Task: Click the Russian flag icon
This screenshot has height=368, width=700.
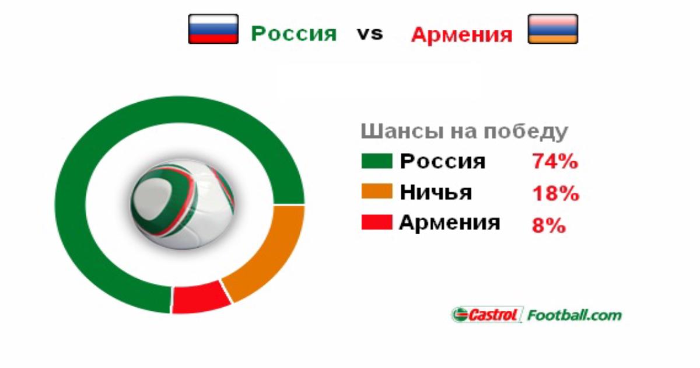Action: (213, 29)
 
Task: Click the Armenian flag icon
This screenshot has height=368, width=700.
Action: (553, 29)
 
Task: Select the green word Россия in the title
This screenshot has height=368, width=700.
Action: (294, 33)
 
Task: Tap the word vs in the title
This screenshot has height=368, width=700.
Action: (370, 34)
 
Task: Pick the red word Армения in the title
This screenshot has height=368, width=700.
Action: (462, 34)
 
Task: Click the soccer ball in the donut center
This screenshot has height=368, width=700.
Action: (183, 203)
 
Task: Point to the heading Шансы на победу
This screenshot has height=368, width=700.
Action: (464, 131)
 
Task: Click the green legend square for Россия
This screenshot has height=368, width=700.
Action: (377, 161)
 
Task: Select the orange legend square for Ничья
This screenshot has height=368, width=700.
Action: (377, 191)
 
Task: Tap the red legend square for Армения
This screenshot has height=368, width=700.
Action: (377, 222)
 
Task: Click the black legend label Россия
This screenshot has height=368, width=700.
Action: (443, 161)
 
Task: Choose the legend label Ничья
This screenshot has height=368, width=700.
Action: (436, 192)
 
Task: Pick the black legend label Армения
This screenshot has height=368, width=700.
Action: (450, 223)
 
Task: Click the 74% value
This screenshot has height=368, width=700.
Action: (555, 161)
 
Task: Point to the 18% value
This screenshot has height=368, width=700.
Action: (555, 193)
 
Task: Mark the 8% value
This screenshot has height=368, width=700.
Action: (549, 225)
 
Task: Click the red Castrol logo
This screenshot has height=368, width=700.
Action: (487, 314)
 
